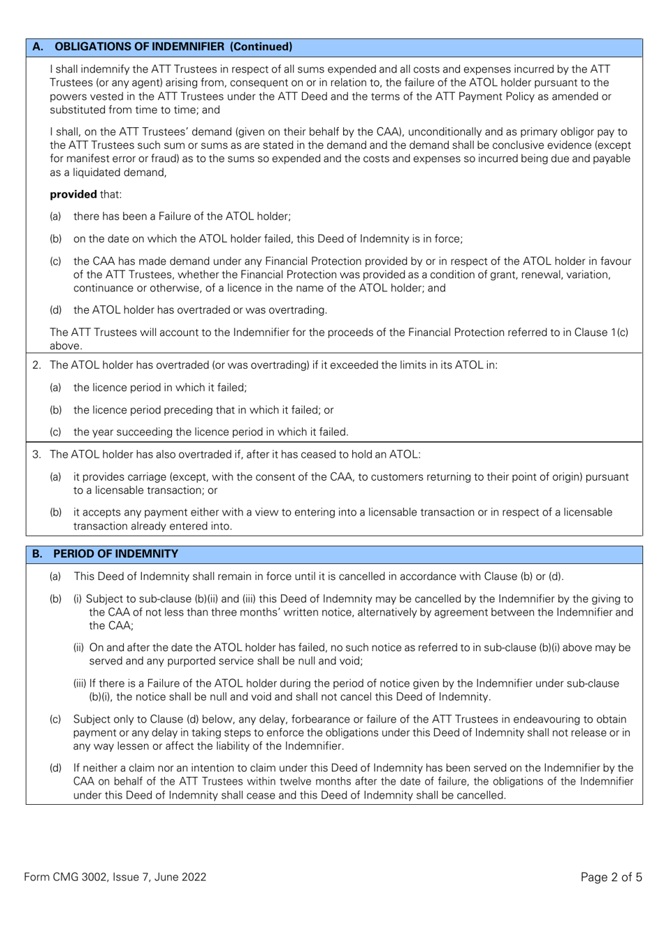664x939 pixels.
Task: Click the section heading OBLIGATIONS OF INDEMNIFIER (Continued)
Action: click(173, 47)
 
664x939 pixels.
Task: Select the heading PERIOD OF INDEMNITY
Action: click(115, 554)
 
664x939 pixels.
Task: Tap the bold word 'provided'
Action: click(73, 194)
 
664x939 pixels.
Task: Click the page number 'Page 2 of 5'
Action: click(611, 877)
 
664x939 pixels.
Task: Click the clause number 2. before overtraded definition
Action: click(36, 365)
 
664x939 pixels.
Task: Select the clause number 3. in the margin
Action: click(36, 454)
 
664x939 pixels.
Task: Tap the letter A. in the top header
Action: click(38, 47)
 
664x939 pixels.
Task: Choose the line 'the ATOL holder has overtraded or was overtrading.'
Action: click(200, 310)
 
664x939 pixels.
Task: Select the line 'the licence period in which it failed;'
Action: click(160, 388)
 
